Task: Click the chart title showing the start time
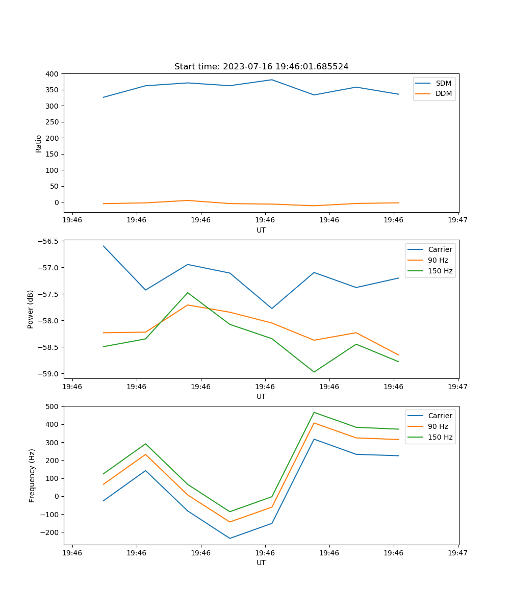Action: pyautogui.click(x=261, y=67)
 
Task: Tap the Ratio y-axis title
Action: pyautogui.click(x=39, y=143)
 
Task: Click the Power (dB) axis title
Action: pyautogui.click(x=31, y=309)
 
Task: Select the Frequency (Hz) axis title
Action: pyautogui.click(x=32, y=475)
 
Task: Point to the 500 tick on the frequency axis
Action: pyautogui.click(x=53, y=406)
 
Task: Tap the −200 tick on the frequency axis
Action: pyautogui.click(x=50, y=532)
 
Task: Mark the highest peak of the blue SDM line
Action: pyautogui.click(x=272, y=80)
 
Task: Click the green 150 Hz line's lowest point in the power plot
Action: pyautogui.click(x=314, y=372)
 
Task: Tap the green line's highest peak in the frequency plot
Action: pyautogui.click(x=314, y=412)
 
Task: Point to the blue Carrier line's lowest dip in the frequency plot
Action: pyautogui.click(x=229, y=538)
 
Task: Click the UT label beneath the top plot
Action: pyautogui.click(x=261, y=230)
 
